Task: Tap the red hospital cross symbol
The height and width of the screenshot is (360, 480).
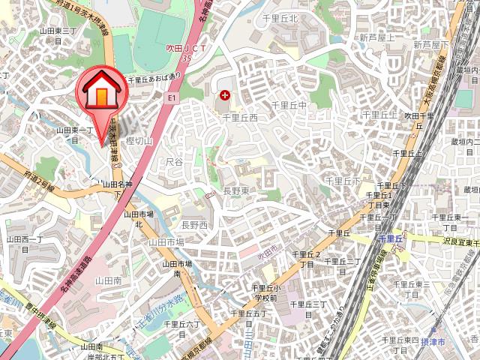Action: (x=226, y=95)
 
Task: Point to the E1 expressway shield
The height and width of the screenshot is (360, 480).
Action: (x=172, y=97)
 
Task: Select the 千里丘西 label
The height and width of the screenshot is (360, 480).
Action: (x=239, y=118)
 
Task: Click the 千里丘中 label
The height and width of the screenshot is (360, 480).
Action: (x=289, y=106)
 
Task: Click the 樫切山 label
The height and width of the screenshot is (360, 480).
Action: (x=139, y=141)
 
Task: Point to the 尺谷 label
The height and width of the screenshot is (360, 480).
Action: (x=174, y=161)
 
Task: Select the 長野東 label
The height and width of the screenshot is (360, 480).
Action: (x=236, y=191)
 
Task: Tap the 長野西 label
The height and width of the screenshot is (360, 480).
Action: (x=194, y=224)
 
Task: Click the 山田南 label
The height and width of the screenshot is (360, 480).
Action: (x=108, y=279)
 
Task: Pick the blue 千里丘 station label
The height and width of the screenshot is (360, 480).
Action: (x=391, y=238)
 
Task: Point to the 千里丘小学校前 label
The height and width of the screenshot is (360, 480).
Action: (x=265, y=292)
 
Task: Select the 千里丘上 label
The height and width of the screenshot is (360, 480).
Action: (x=379, y=115)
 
